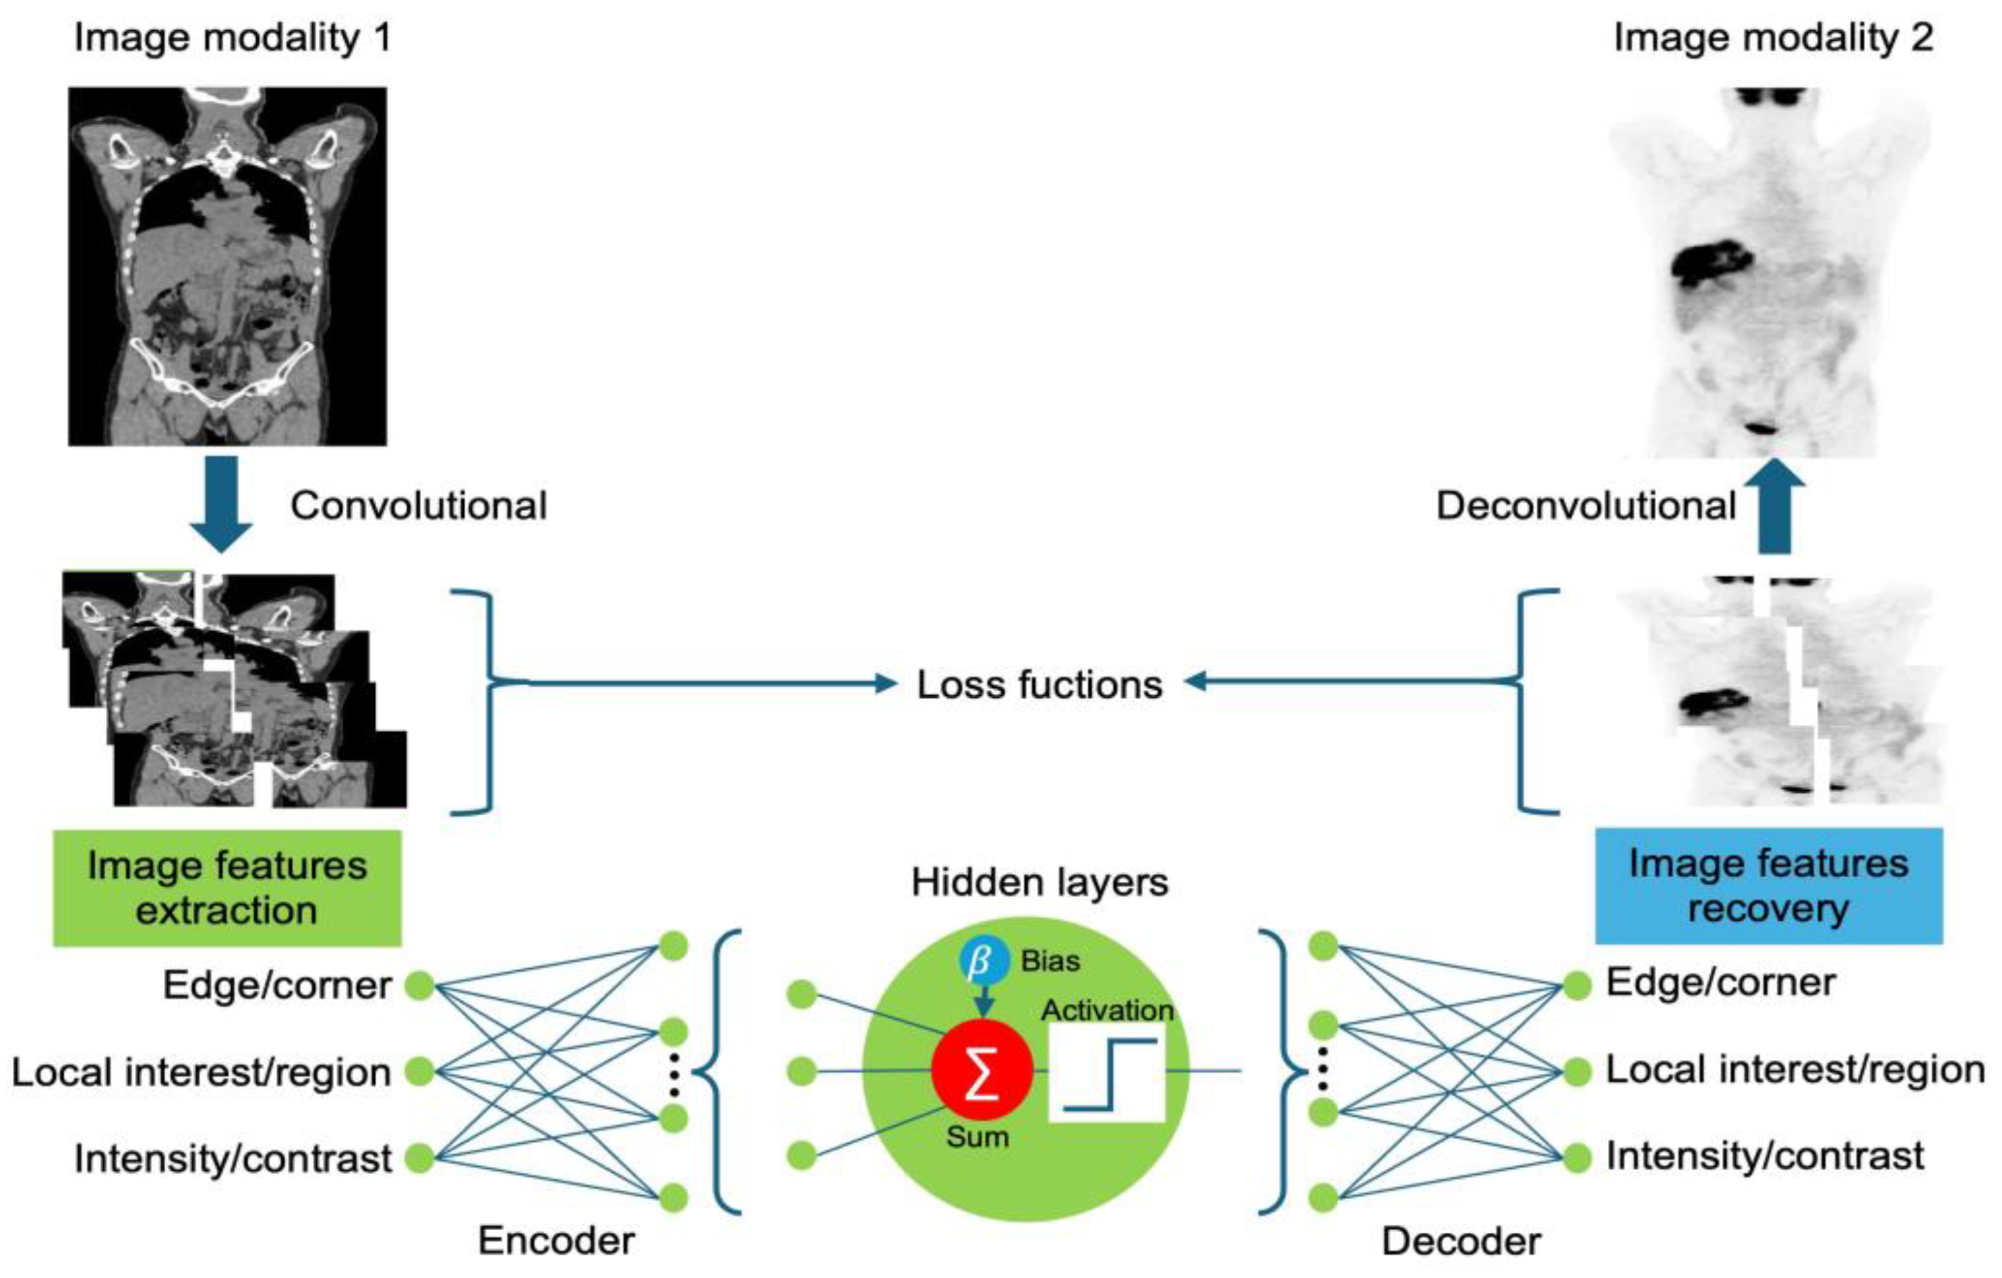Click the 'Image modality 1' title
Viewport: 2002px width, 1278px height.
coord(233,38)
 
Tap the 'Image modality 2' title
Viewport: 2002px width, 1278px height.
coord(1772,38)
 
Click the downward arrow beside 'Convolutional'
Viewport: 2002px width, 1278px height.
coord(221,504)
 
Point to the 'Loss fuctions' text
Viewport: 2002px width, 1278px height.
coord(1039,684)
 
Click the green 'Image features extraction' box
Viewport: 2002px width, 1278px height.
coord(227,888)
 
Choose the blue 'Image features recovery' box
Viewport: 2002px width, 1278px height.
coord(1768,886)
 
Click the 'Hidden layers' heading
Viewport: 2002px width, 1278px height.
coord(1039,882)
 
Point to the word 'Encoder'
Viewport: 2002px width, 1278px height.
coord(556,1241)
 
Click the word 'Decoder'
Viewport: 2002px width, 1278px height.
coord(1461,1241)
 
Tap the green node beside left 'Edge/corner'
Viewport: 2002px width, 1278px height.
coord(420,986)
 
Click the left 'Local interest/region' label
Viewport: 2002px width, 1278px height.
coord(201,1072)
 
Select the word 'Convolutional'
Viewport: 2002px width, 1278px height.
coord(418,505)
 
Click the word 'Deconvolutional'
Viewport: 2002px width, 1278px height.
coord(1587,505)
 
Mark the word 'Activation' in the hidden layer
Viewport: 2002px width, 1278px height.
coord(1107,1010)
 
